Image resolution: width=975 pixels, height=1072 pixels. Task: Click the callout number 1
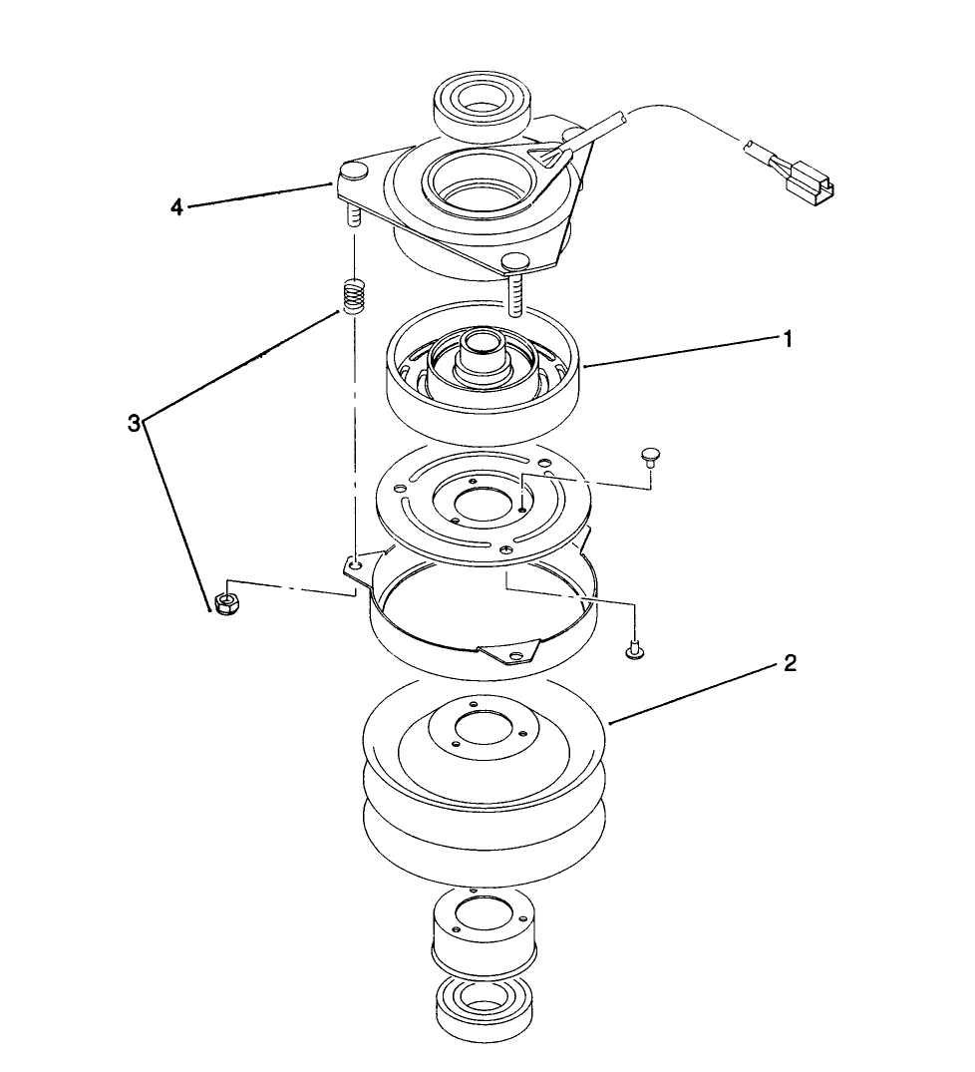pyautogui.click(x=788, y=339)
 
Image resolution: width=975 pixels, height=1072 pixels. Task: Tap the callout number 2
pyautogui.click(x=790, y=663)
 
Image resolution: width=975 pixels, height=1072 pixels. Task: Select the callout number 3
pyautogui.click(x=134, y=423)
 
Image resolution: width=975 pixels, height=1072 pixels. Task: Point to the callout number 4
pyautogui.click(x=176, y=208)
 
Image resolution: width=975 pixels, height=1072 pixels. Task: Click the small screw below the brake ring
pyautogui.click(x=633, y=650)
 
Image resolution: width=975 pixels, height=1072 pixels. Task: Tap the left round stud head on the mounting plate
pyautogui.click(x=354, y=175)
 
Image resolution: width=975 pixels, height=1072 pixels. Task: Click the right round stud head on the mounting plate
pyautogui.click(x=514, y=261)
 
